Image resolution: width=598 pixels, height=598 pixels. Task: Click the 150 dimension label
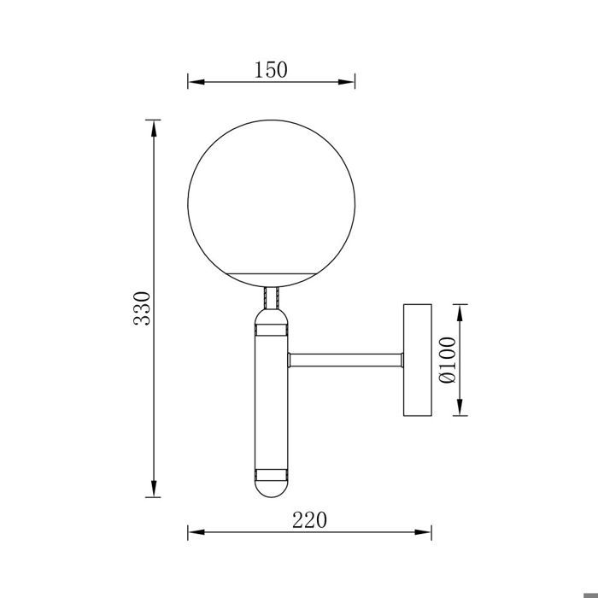pos(270,70)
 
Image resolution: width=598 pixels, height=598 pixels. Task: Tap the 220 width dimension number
pos(309,519)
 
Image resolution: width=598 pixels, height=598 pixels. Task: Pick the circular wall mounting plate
pos(417,359)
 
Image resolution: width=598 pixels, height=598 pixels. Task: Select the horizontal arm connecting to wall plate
pos(347,359)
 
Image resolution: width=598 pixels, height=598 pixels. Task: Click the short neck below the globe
pos(272,296)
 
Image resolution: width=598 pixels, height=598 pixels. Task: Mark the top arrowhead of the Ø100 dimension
pos(462,309)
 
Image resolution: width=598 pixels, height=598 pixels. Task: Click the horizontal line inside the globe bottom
pos(272,273)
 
